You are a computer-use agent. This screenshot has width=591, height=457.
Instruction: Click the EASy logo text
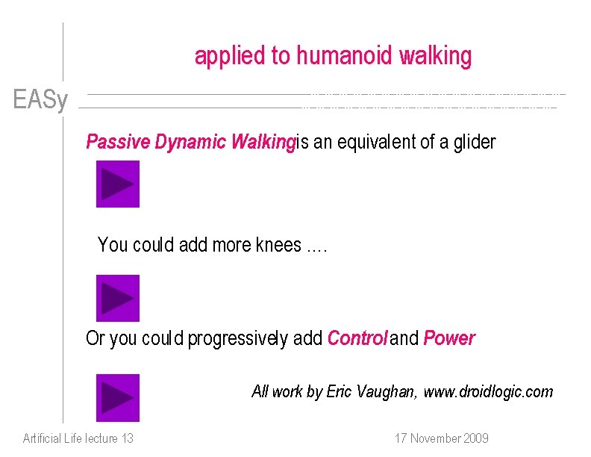(x=40, y=100)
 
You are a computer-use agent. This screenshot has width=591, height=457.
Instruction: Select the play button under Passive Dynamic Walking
(x=117, y=184)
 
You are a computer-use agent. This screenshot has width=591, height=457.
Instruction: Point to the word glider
(x=474, y=142)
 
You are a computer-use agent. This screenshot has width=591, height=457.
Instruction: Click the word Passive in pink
(x=118, y=142)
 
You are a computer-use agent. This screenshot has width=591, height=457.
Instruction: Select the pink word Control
(x=357, y=338)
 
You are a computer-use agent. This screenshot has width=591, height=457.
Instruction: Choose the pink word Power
(x=449, y=338)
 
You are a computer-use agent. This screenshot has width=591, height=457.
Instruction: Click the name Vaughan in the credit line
(x=389, y=391)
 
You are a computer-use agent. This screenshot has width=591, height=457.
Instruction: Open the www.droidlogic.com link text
(x=489, y=391)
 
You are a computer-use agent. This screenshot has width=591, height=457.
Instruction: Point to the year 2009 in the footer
(x=474, y=438)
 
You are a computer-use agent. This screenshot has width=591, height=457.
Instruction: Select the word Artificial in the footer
(x=43, y=438)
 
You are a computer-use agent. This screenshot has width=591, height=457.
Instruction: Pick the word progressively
(x=237, y=339)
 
